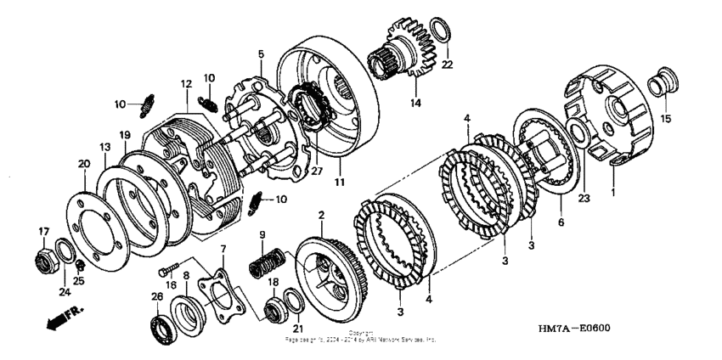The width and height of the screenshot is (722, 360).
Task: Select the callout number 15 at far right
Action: [665, 118]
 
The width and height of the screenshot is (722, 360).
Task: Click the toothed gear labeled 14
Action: [408, 51]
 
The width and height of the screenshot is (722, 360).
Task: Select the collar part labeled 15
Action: [659, 85]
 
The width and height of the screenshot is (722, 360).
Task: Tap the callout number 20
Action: [84, 163]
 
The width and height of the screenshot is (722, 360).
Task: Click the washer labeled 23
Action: [576, 133]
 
